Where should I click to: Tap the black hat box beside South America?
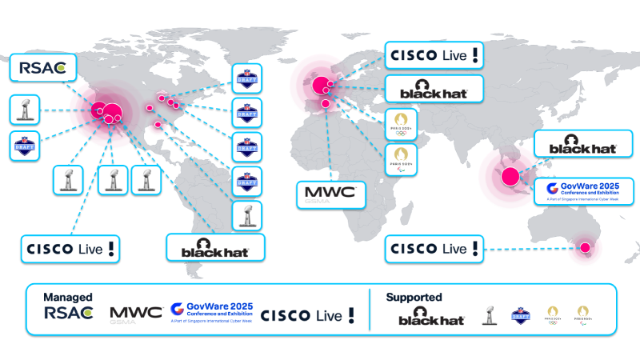click(215, 247)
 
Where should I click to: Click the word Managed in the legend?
click(68, 297)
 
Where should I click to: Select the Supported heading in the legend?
click(414, 297)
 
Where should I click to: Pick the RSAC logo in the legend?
click(69, 314)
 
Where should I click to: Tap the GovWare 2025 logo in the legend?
click(210, 313)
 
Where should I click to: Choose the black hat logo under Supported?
click(432, 316)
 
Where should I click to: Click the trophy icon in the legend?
click(488, 315)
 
